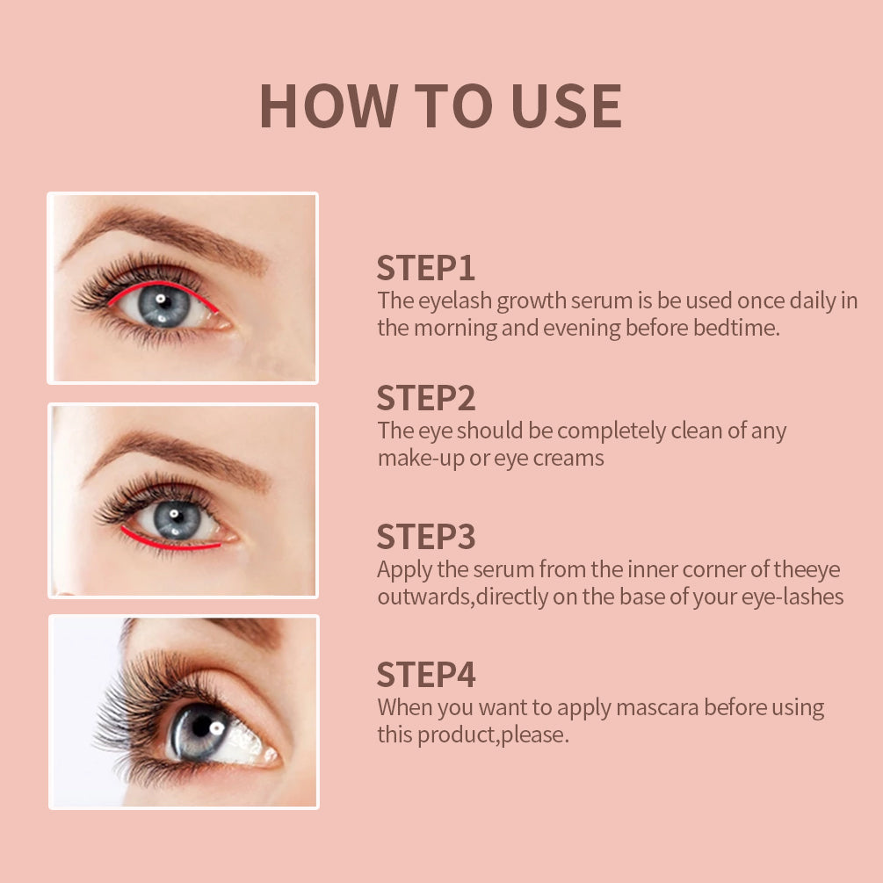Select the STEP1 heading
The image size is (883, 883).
[426, 267]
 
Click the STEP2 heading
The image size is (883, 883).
[426, 398]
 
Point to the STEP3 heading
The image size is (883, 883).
[426, 536]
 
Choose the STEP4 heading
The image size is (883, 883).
[426, 675]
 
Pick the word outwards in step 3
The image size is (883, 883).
[417, 597]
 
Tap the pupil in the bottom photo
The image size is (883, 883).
[201, 728]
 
